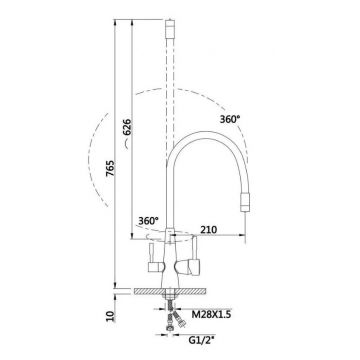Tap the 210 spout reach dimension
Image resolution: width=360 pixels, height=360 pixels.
pyautogui.click(x=208, y=229)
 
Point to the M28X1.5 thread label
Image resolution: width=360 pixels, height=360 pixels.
pyautogui.click(x=211, y=314)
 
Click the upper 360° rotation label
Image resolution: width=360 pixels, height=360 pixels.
pyautogui.click(x=230, y=119)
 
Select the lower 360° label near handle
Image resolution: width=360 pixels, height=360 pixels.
pyautogui.click(x=149, y=220)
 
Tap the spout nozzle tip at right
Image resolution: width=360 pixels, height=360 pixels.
pyautogui.click(x=245, y=202)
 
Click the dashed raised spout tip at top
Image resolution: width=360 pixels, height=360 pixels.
pyautogui.click(x=170, y=28)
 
